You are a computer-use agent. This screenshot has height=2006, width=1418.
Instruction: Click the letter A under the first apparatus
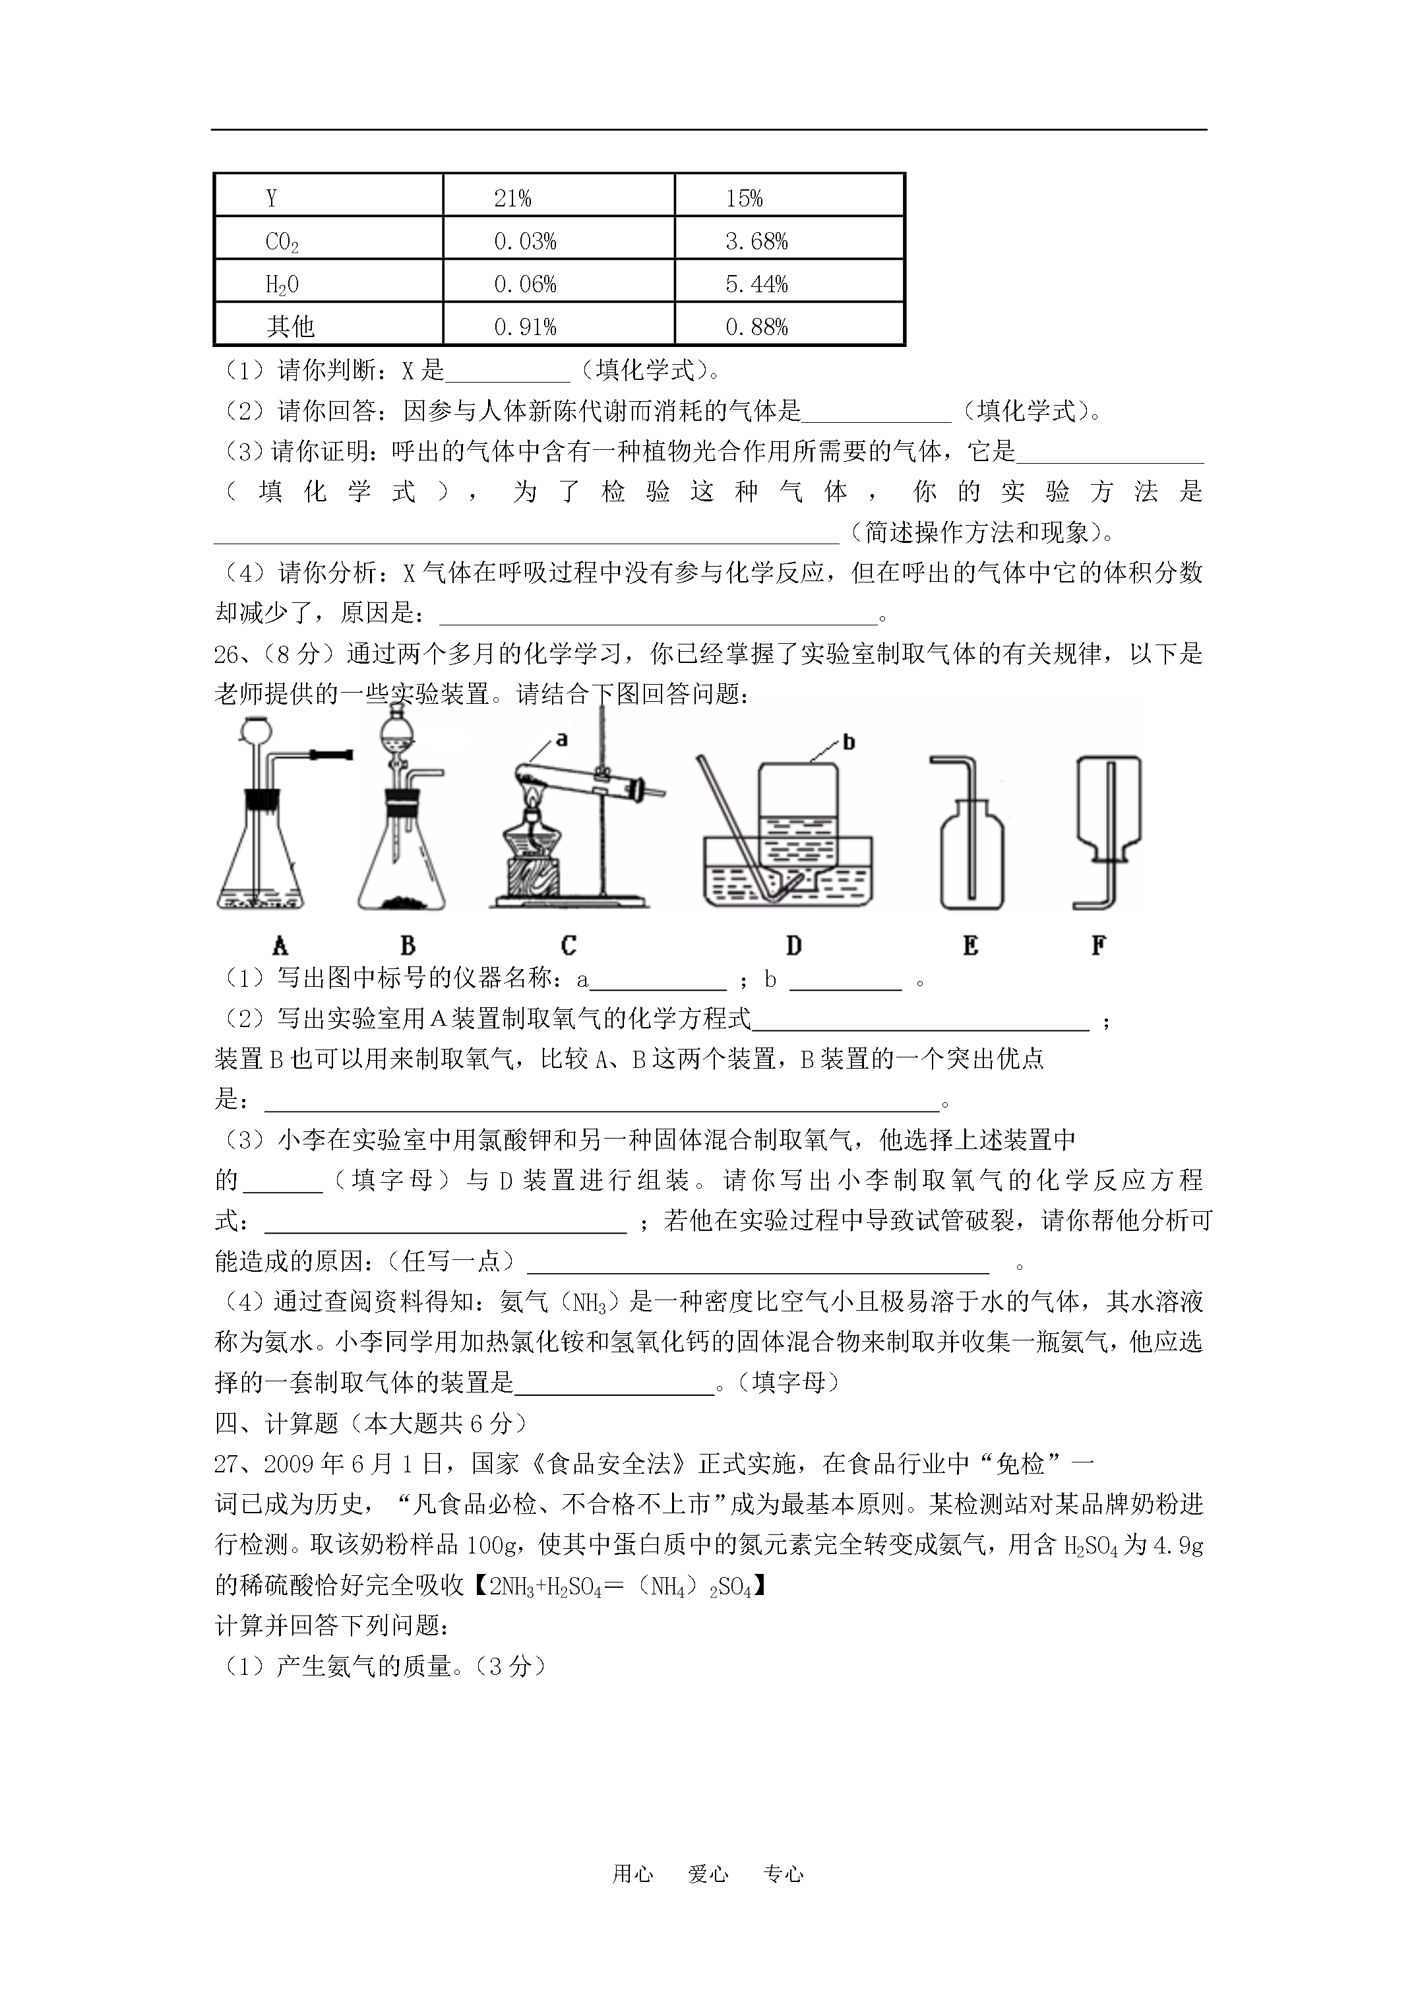[x=280, y=945]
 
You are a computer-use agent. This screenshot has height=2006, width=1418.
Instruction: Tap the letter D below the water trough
[x=793, y=945]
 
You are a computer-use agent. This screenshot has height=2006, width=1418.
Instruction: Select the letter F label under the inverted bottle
[x=1099, y=945]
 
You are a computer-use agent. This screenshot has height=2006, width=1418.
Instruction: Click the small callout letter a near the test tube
[x=562, y=739]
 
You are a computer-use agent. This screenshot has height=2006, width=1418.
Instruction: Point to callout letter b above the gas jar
[x=848, y=743]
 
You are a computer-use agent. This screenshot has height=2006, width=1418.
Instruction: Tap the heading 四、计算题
[x=276, y=1424]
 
